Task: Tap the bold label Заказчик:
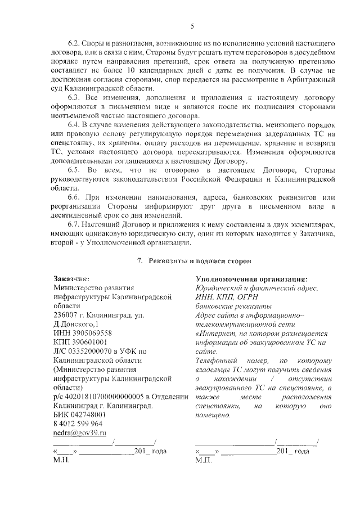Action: [x=71, y=278]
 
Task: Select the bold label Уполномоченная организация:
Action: [x=251, y=278]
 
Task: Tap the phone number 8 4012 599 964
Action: [x=78, y=423]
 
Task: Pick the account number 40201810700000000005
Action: [x=105, y=396]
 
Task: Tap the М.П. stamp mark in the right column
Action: [x=203, y=460]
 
